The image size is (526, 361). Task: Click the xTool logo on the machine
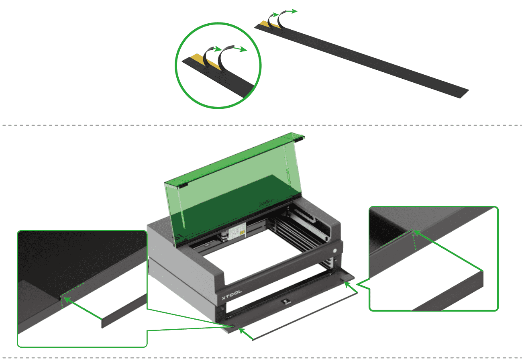232,295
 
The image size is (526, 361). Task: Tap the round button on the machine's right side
334,251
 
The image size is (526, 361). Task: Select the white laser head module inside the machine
237,231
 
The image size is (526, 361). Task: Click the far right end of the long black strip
465,94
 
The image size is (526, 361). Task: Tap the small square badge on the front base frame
286,301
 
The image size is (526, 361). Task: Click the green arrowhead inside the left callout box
67,300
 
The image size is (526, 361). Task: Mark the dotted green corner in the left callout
61,296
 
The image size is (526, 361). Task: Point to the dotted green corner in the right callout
412,230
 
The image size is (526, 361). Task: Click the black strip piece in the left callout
124,311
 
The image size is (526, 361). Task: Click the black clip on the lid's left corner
183,185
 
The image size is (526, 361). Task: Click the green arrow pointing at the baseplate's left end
245,334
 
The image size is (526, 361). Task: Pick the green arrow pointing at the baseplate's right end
351,287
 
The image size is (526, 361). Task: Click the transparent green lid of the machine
232,188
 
